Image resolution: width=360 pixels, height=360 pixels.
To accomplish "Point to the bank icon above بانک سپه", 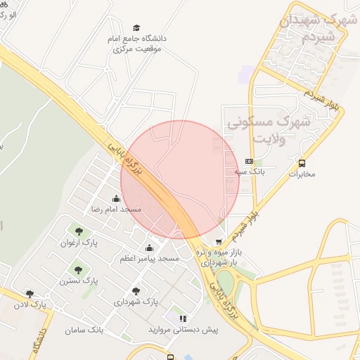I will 248,161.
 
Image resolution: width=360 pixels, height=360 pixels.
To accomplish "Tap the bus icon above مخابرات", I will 302,162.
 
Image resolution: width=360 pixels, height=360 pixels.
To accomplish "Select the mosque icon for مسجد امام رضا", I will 116,199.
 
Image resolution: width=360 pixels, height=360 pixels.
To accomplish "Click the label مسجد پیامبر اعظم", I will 149,259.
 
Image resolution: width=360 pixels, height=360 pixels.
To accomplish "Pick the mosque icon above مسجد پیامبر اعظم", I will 149,248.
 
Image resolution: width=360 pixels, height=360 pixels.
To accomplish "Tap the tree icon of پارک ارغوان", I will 77,232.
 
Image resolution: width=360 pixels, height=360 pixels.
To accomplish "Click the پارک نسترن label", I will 78,281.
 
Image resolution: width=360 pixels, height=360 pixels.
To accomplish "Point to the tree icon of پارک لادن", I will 30,294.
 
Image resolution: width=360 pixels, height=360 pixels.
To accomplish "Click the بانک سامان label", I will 84,329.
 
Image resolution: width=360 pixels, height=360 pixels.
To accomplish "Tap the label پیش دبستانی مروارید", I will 184,329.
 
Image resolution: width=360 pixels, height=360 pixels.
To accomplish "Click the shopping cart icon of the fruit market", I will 218,242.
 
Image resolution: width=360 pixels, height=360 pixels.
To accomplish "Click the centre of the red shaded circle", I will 180,179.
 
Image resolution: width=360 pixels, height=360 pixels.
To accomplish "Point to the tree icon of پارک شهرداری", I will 136,291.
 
